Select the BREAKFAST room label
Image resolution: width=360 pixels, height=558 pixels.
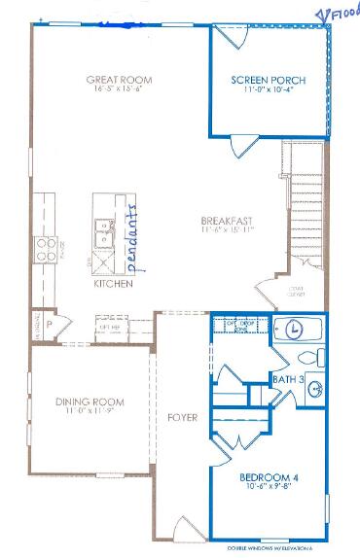pos(228,220)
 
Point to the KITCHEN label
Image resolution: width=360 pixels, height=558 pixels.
pos(112,285)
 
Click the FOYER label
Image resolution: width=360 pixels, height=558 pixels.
pos(182,418)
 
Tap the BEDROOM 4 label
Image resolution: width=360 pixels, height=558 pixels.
pos(269,477)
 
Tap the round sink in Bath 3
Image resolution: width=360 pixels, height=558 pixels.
pos(314,391)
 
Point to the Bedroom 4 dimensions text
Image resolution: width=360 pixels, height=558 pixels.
pos(269,488)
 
